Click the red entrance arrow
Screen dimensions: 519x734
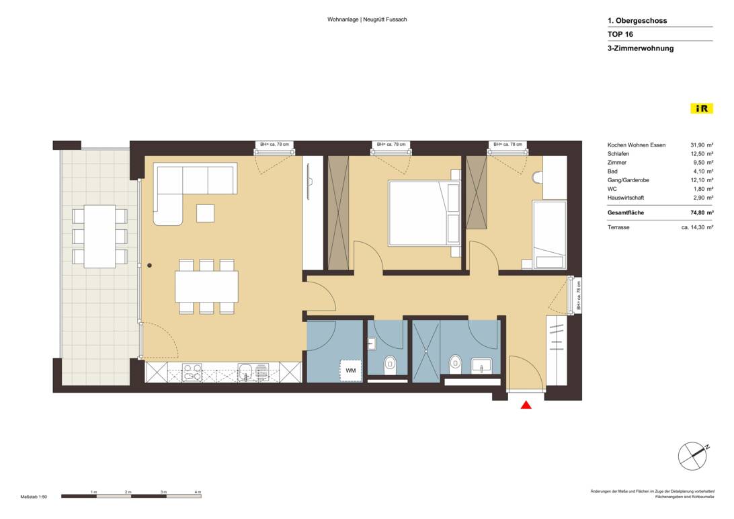click(x=526, y=404)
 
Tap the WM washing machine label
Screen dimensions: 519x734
click(x=351, y=370)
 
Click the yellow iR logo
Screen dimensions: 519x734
click(x=701, y=108)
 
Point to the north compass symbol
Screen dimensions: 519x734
click(x=693, y=456)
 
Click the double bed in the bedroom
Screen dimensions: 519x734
click(x=424, y=213)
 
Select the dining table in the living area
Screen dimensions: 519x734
click(x=206, y=286)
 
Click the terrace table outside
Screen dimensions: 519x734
click(x=99, y=236)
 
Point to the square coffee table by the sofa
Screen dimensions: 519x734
click(x=206, y=213)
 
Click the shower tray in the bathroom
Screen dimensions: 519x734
click(x=426, y=350)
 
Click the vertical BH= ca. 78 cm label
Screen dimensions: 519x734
click(x=578, y=296)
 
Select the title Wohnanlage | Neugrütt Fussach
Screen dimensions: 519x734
click(x=367, y=19)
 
